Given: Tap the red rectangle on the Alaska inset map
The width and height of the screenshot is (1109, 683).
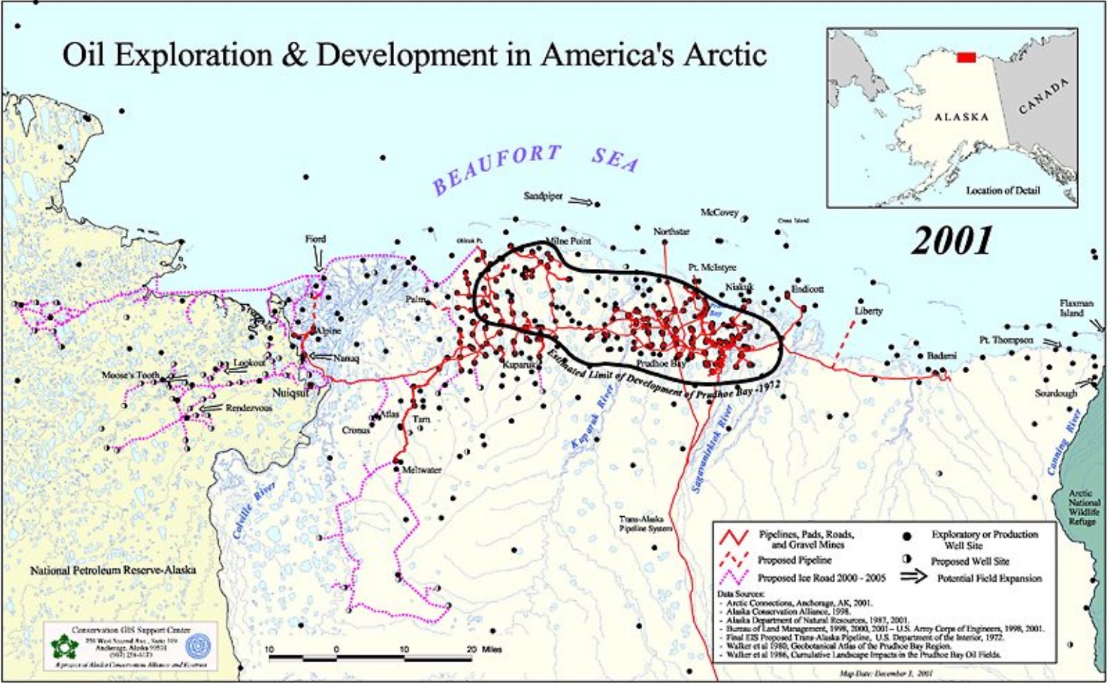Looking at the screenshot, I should [966, 58].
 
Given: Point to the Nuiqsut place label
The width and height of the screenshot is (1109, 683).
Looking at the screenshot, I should [291, 393].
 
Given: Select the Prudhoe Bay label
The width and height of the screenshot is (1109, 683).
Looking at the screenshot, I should [661, 364].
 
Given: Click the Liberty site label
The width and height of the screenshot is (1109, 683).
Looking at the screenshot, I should [868, 311].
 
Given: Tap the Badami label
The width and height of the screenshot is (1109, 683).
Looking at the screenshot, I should [941, 356].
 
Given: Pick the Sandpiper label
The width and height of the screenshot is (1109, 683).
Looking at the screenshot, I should [543, 196].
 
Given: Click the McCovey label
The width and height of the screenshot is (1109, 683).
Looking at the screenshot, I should [719, 212].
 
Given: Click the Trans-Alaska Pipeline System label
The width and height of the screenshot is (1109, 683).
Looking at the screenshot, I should [645, 523].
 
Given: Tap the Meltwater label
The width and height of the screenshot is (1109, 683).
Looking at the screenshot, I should [421, 470].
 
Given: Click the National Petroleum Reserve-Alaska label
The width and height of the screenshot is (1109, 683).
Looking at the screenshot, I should [113, 570].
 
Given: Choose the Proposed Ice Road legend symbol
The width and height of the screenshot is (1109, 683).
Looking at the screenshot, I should [735, 577].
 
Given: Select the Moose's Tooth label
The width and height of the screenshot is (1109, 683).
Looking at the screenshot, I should [130, 375].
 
